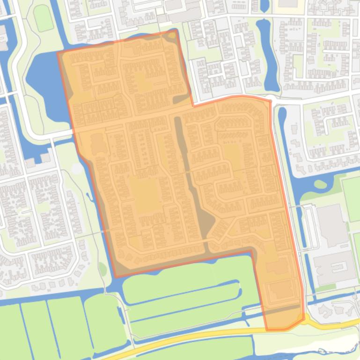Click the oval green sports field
tap(43, 18)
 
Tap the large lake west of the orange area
tap(44, 75)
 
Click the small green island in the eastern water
tap(321, 184)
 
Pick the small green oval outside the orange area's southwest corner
tap(103, 269)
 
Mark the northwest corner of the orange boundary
tap(58, 53)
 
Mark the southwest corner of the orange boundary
tap(115, 276)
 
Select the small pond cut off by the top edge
tap(264, 5)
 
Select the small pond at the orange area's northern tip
tap(172, 35)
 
